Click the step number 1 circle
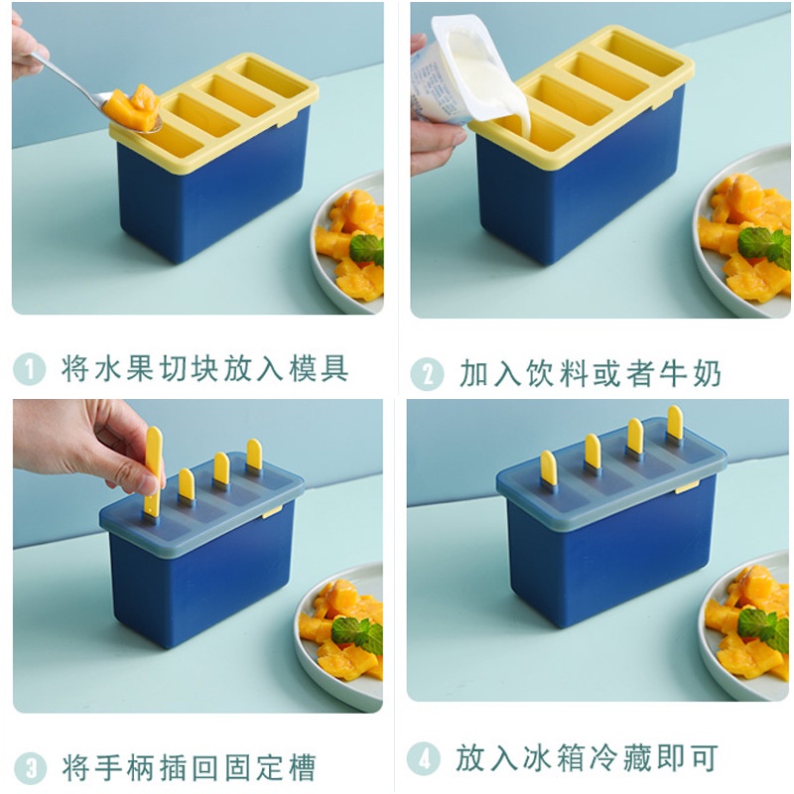point(30,369)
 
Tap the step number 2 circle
point(427,374)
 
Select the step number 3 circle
point(30,767)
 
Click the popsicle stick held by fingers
point(153,466)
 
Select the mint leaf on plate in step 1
point(367,248)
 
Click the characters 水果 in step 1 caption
point(134,369)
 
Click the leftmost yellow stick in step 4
point(548,467)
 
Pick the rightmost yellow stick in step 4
point(674,423)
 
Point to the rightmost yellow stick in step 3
point(254,455)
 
